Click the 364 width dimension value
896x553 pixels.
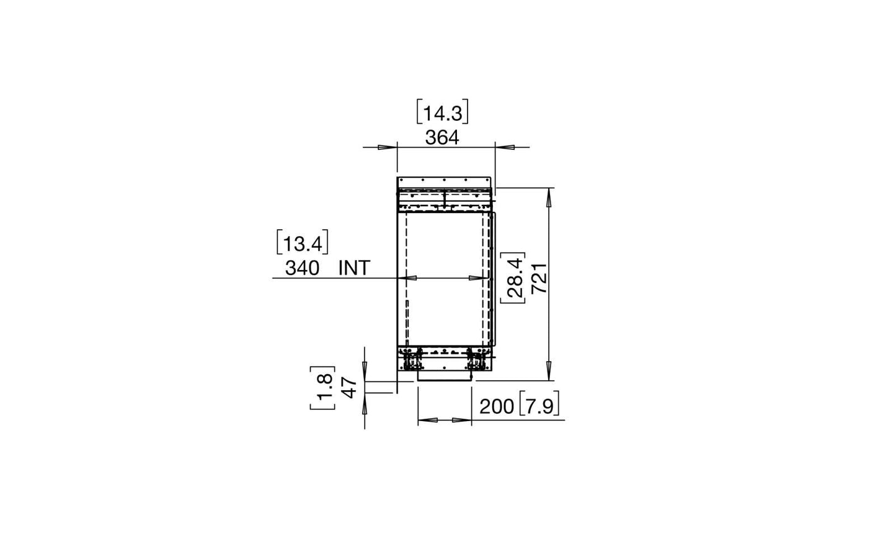click(x=441, y=137)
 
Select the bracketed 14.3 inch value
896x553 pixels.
click(x=441, y=113)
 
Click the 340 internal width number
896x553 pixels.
click(x=302, y=268)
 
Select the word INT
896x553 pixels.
click(x=354, y=268)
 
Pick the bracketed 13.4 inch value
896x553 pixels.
click(x=302, y=243)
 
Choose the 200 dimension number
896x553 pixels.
click(x=497, y=406)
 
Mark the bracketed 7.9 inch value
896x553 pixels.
click(x=539, y=406)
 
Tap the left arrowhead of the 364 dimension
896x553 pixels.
click(x=388, y=147)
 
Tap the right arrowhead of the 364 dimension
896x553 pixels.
click(x=503, y=147)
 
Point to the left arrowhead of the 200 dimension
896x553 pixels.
click(x=427, y=420)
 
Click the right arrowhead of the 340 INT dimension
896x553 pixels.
click(x=477, y=279)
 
